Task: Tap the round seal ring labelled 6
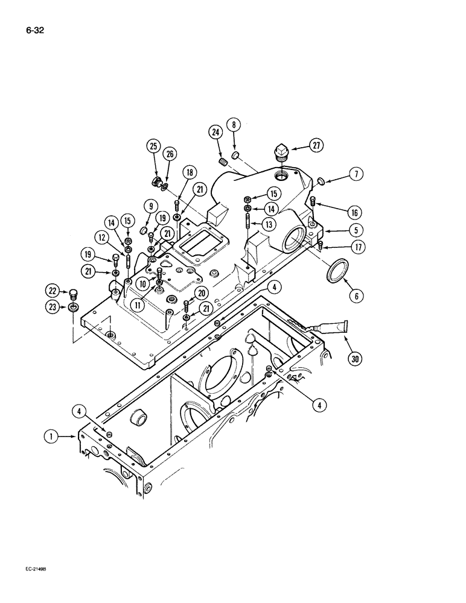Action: coord(334,271)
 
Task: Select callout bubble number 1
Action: coord(53,433)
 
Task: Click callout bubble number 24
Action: coord(215,131)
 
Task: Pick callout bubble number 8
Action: coord(234,125)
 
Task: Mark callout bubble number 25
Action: coord(154,145)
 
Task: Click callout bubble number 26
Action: coord(170,154)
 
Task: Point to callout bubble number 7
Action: coord(356,175)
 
